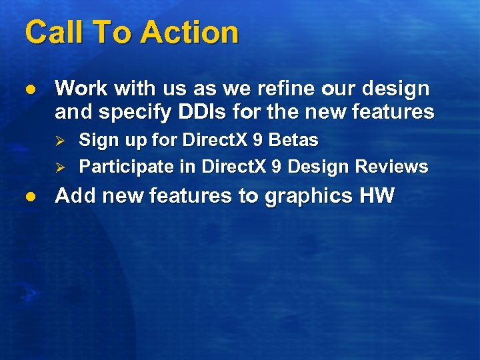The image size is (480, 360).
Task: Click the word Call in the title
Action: (51, 33)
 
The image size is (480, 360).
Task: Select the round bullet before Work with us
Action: (28, 89)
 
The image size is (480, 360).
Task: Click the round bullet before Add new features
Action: (28, 197)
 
